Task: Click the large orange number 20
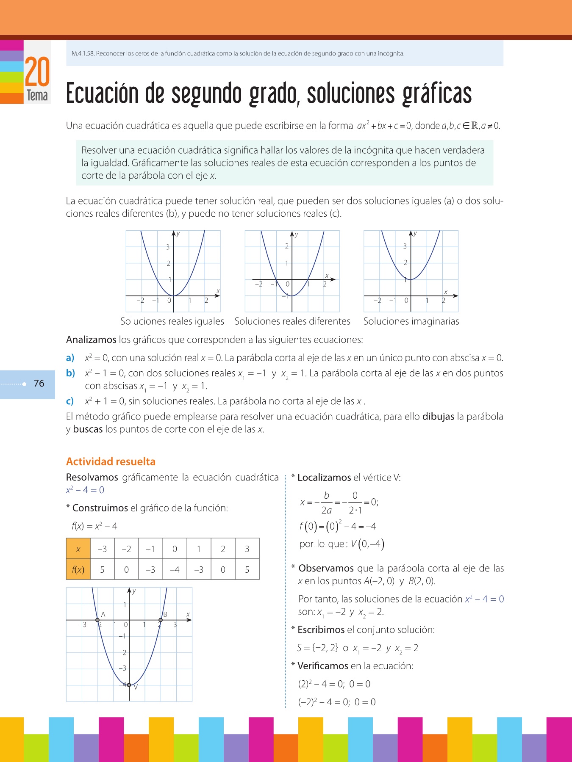click(x=37, y=72)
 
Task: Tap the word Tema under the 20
click(x=37, y=96)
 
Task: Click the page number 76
click(x=39, y=384)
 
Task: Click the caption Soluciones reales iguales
click(x=172, y=321)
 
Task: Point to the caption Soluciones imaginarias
click(x=411, y=321)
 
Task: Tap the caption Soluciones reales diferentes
click(x=292, y=321)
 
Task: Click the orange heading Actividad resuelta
click(x=111, y=461)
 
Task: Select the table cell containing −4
click(x=175, y=570)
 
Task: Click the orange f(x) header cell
click(x=78, y=570)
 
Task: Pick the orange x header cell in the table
click(x=78, y=549)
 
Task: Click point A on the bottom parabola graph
click(x=98, y=620)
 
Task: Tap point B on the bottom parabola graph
click(x=161, y=620)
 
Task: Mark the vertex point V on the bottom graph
click(x=129, y=685)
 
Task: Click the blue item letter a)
click(x=70, y=358)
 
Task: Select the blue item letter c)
click(x=70, y=401)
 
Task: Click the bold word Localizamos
click(x=324, y=478)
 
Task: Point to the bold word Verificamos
click(x=323, y=666)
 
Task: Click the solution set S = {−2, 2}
click(x=317, y=648)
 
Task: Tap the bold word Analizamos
click(x=91, y=340)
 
